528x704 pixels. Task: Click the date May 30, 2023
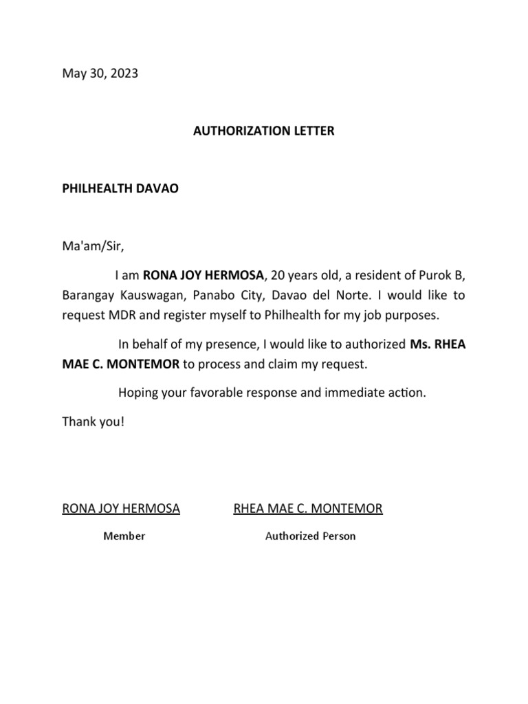click(100, 74)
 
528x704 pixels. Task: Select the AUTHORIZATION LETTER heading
click(263, 131)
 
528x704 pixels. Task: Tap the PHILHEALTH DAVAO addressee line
click(120, 188)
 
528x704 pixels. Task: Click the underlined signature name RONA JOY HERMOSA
click(121, 509)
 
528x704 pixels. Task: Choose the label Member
click(124, 536)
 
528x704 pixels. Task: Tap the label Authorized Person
click(311, 536)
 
